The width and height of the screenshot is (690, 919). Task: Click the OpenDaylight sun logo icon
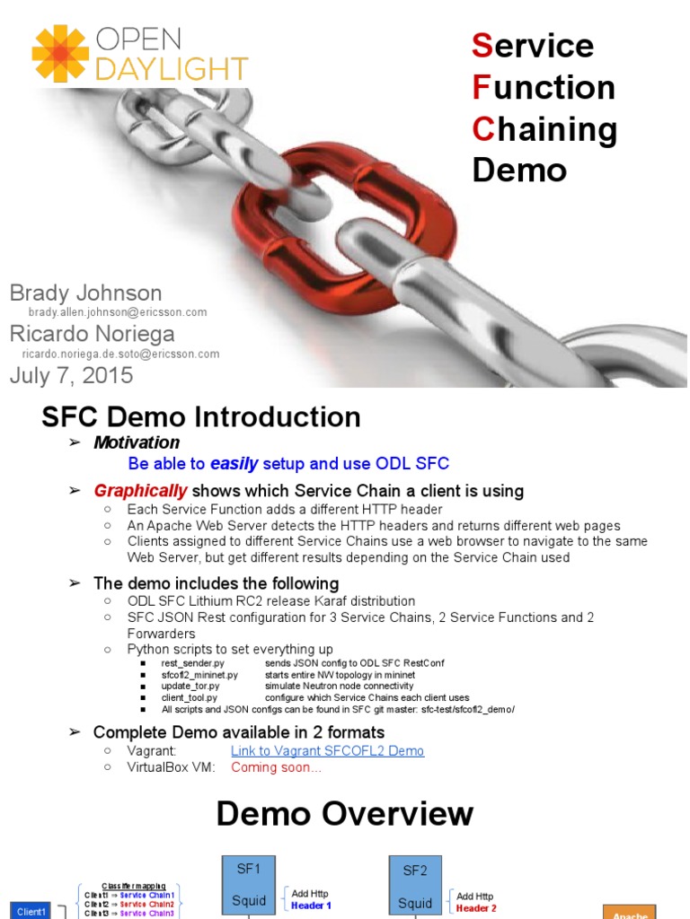(60, 54)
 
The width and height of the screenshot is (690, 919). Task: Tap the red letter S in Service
(482, 45)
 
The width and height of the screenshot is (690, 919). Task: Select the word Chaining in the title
(544, 128)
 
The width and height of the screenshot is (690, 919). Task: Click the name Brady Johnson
(85, 293)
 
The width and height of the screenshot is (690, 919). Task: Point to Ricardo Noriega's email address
(120, 354)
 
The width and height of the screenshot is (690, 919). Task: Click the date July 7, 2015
(71, 375)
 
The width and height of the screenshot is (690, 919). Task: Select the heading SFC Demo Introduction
(201, 416)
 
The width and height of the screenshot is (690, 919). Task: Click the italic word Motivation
(137, 442)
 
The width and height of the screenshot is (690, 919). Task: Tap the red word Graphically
(141, 491)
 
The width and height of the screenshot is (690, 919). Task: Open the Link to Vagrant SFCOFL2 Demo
(327, 750)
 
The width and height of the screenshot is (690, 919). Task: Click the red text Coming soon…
(276, 767)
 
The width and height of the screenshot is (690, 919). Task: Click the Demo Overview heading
(344, 814)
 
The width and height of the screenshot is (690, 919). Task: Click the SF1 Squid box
(248, 886)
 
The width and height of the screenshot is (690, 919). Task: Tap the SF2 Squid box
(416, 886)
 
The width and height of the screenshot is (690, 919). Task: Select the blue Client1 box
(31, 911)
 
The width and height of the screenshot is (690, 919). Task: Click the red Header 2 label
(476, 908)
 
